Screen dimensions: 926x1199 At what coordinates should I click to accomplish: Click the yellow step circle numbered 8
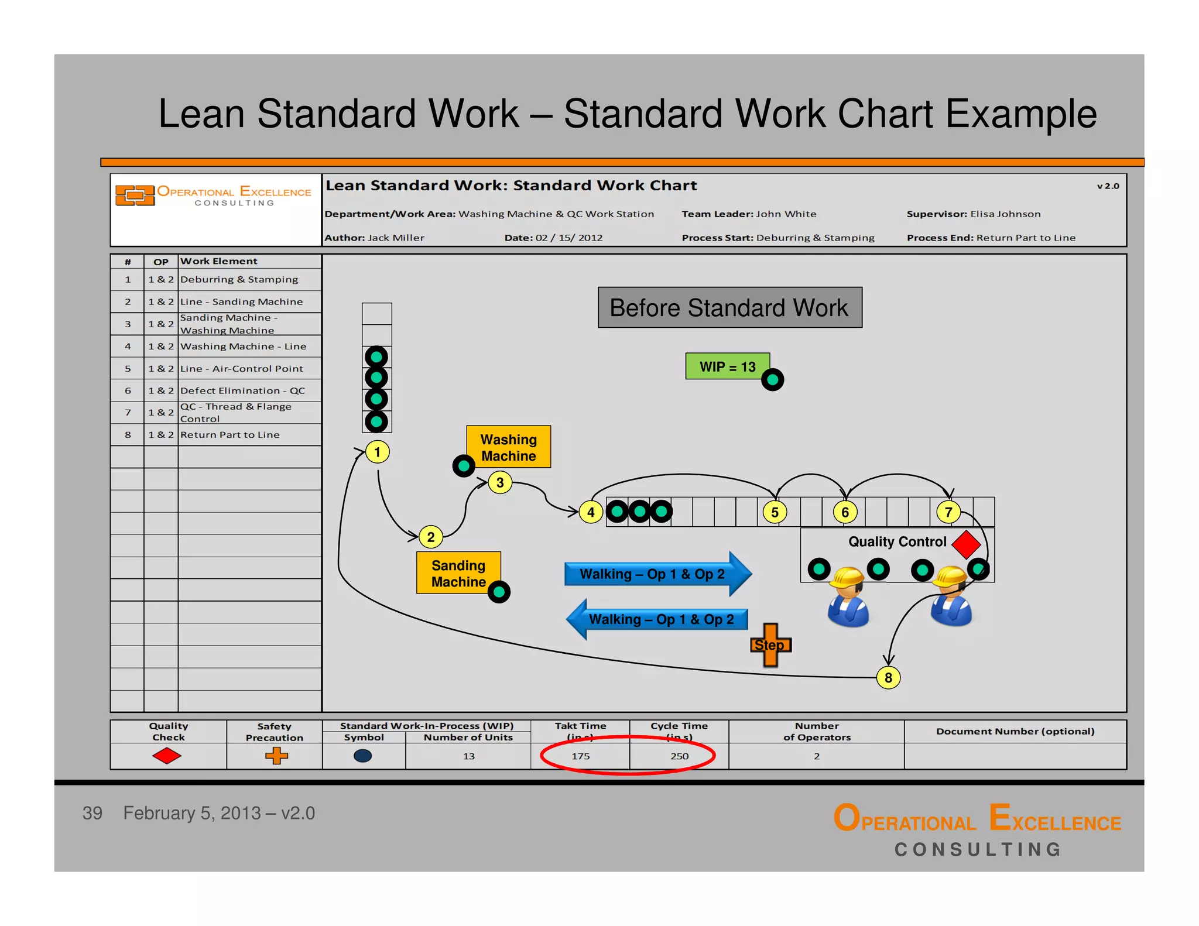(888, 677)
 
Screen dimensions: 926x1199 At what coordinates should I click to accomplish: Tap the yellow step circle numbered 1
(377, 452)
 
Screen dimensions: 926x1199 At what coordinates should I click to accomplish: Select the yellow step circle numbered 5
(775, 512)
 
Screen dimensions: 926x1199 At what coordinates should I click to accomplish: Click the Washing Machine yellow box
(508, 447)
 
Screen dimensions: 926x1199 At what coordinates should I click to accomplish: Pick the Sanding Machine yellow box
(458, 573)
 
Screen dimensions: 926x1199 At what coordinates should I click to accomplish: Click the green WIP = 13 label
(727, 366)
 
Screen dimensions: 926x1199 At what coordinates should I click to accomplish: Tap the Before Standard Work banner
(729, 308)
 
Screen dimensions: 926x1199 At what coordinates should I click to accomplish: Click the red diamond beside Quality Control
(966, 544)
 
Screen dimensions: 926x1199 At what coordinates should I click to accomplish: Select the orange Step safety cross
(770, 644)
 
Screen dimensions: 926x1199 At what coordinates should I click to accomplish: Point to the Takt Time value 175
(580, 756)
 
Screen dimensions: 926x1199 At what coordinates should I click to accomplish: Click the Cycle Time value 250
(679, 756)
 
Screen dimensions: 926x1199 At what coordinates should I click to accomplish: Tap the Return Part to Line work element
(229, 435)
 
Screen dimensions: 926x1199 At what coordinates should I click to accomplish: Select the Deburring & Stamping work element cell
(239, 280)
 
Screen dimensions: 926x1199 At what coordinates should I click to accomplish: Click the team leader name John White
(786, 214)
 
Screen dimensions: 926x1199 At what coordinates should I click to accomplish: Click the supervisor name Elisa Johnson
(1005, 214)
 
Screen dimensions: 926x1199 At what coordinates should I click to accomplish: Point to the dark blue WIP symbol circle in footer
(363, 756)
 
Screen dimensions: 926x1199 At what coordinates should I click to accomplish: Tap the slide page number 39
(93, 813)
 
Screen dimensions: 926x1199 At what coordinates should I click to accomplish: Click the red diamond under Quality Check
(167, 756)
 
